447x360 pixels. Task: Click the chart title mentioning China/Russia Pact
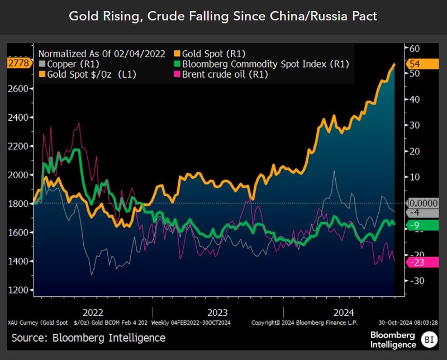point(223,16)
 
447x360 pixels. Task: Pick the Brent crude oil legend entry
point(222,74)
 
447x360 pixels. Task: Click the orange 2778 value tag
point(17,64)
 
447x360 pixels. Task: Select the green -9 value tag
point(420,225)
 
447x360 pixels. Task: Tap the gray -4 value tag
point(420,213)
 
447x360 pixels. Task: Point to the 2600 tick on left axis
point(17,89)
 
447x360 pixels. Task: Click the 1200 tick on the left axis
point(17,290)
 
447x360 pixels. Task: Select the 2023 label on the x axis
point(218,312)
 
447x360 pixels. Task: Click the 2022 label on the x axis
point(93,312)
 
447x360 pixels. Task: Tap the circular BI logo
point(429,339)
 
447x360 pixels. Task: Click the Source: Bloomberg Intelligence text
point(88,338)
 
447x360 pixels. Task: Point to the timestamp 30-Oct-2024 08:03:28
point(406,323)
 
